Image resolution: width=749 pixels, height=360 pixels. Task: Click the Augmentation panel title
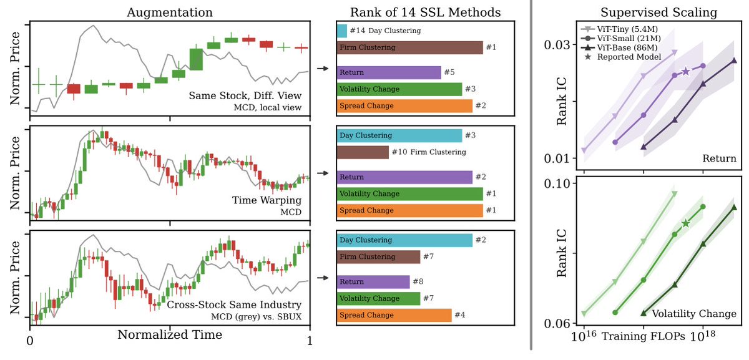click(x=170, y=12)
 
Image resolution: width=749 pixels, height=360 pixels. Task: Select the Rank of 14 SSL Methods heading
click(x=425, y=12)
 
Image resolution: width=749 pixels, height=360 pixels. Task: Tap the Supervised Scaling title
click(x=658, y=12)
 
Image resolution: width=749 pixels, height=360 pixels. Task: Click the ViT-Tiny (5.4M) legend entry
click(x=620, y=29)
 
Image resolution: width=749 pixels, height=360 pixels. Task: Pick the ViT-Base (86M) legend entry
click(x=620, y=48)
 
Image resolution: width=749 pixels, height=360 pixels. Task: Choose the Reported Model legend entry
click(x=622, y=57)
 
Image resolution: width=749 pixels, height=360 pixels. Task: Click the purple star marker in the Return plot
click(x=686, y=71)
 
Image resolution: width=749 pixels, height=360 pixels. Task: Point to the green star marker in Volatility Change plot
click(x=686, y=223)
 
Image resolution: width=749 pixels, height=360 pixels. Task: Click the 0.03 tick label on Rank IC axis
click(x=557, y=44)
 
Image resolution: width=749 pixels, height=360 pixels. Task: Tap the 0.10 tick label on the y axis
click(x=557, y=183)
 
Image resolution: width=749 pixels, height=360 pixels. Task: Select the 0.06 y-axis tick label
click(x=557, y=323)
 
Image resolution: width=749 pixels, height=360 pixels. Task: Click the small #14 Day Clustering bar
click(x=342, y=31)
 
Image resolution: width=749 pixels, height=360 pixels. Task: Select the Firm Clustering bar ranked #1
click(x=410, y=47)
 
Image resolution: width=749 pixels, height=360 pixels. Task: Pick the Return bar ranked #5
click(x=389, y=72)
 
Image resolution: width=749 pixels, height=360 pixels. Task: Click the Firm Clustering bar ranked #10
click(x=363, y=152)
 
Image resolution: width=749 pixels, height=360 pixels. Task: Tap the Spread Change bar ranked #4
click(x=394, y=315)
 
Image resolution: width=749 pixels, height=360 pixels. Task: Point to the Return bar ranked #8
click(x=373, y=282)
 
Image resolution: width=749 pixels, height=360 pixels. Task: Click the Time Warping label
click(x=267, y=200)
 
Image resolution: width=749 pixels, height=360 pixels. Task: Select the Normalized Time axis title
click(x=170, y=334)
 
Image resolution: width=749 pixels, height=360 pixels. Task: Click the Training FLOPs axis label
click(x=644, y=336)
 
